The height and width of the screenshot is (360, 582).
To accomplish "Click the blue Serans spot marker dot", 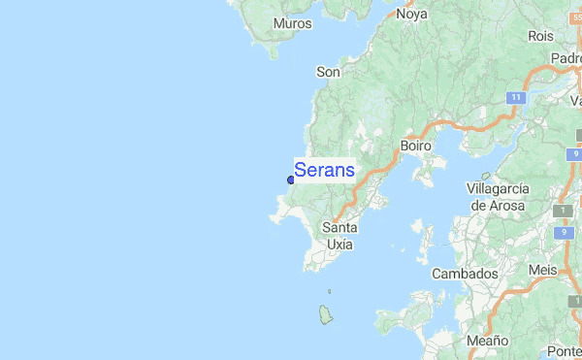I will click(290, 180).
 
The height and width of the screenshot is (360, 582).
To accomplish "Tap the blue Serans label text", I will click(324, 170).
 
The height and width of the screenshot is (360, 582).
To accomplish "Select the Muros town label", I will click(292, 23).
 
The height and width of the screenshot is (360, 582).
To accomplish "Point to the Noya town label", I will click(411, 14).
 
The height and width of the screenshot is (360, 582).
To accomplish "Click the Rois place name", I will click(541, 36).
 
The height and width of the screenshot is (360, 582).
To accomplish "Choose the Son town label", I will click(328, 72).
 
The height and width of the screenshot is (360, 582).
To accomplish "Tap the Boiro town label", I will click(415, 146).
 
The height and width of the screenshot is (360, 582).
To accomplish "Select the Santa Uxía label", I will click(339, 236).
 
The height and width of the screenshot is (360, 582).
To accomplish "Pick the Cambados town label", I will click(465, 274).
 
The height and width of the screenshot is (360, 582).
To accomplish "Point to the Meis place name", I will click(543, 269).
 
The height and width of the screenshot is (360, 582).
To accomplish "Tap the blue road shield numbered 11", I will click(516, 98).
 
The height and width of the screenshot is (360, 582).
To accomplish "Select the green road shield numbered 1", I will click(563, 211).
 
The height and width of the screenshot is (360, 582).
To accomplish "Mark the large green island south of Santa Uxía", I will click(325, 314).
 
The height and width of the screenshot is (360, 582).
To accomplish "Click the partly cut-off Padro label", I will click(566, 58).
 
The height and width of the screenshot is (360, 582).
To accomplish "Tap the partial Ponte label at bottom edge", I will click(564, 350).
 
